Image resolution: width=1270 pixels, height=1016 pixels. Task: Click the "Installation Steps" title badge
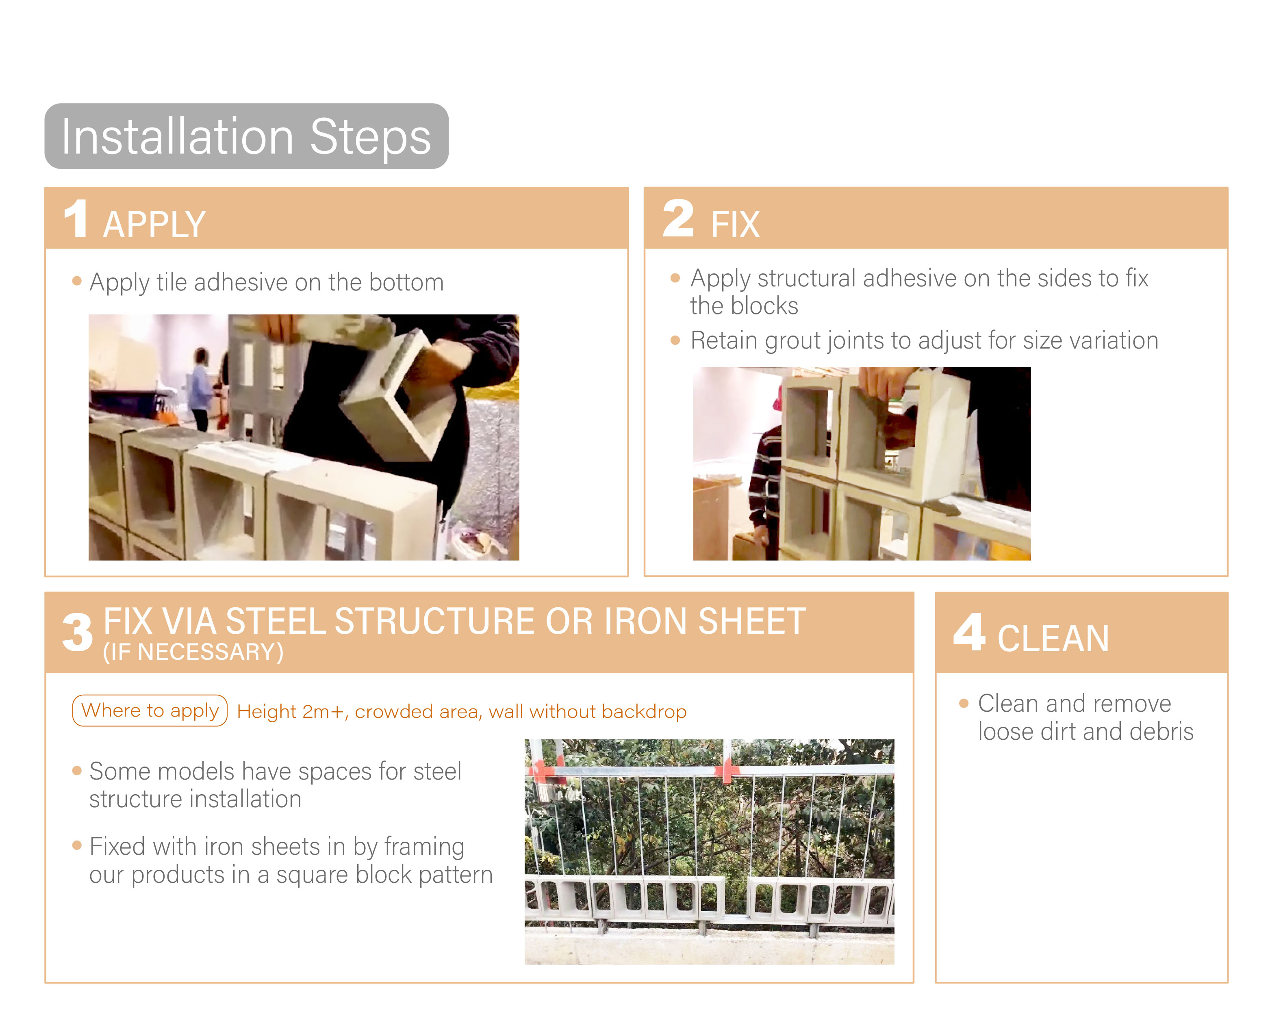[x=246, y=136]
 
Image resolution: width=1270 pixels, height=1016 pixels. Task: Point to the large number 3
[x=78, y=633]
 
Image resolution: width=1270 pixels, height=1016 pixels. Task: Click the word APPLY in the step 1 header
[x=154, y=224]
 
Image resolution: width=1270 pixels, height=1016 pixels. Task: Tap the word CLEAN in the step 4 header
[x=1053, y=639]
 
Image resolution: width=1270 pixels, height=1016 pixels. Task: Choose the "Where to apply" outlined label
[x=150, y=711]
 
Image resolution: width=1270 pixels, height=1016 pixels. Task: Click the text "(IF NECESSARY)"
[x=193, y=652]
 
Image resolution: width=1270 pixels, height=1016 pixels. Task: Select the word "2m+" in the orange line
[x=323, y=711]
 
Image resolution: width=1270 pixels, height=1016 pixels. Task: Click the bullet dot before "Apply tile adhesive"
[x=76, y=281]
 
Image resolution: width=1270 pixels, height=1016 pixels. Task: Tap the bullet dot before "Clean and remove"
[x=964, y=703]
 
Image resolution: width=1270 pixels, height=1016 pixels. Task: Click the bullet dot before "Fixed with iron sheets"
[x=76, y=846]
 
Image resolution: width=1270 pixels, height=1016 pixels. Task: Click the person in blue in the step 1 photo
[x=201, y=389]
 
